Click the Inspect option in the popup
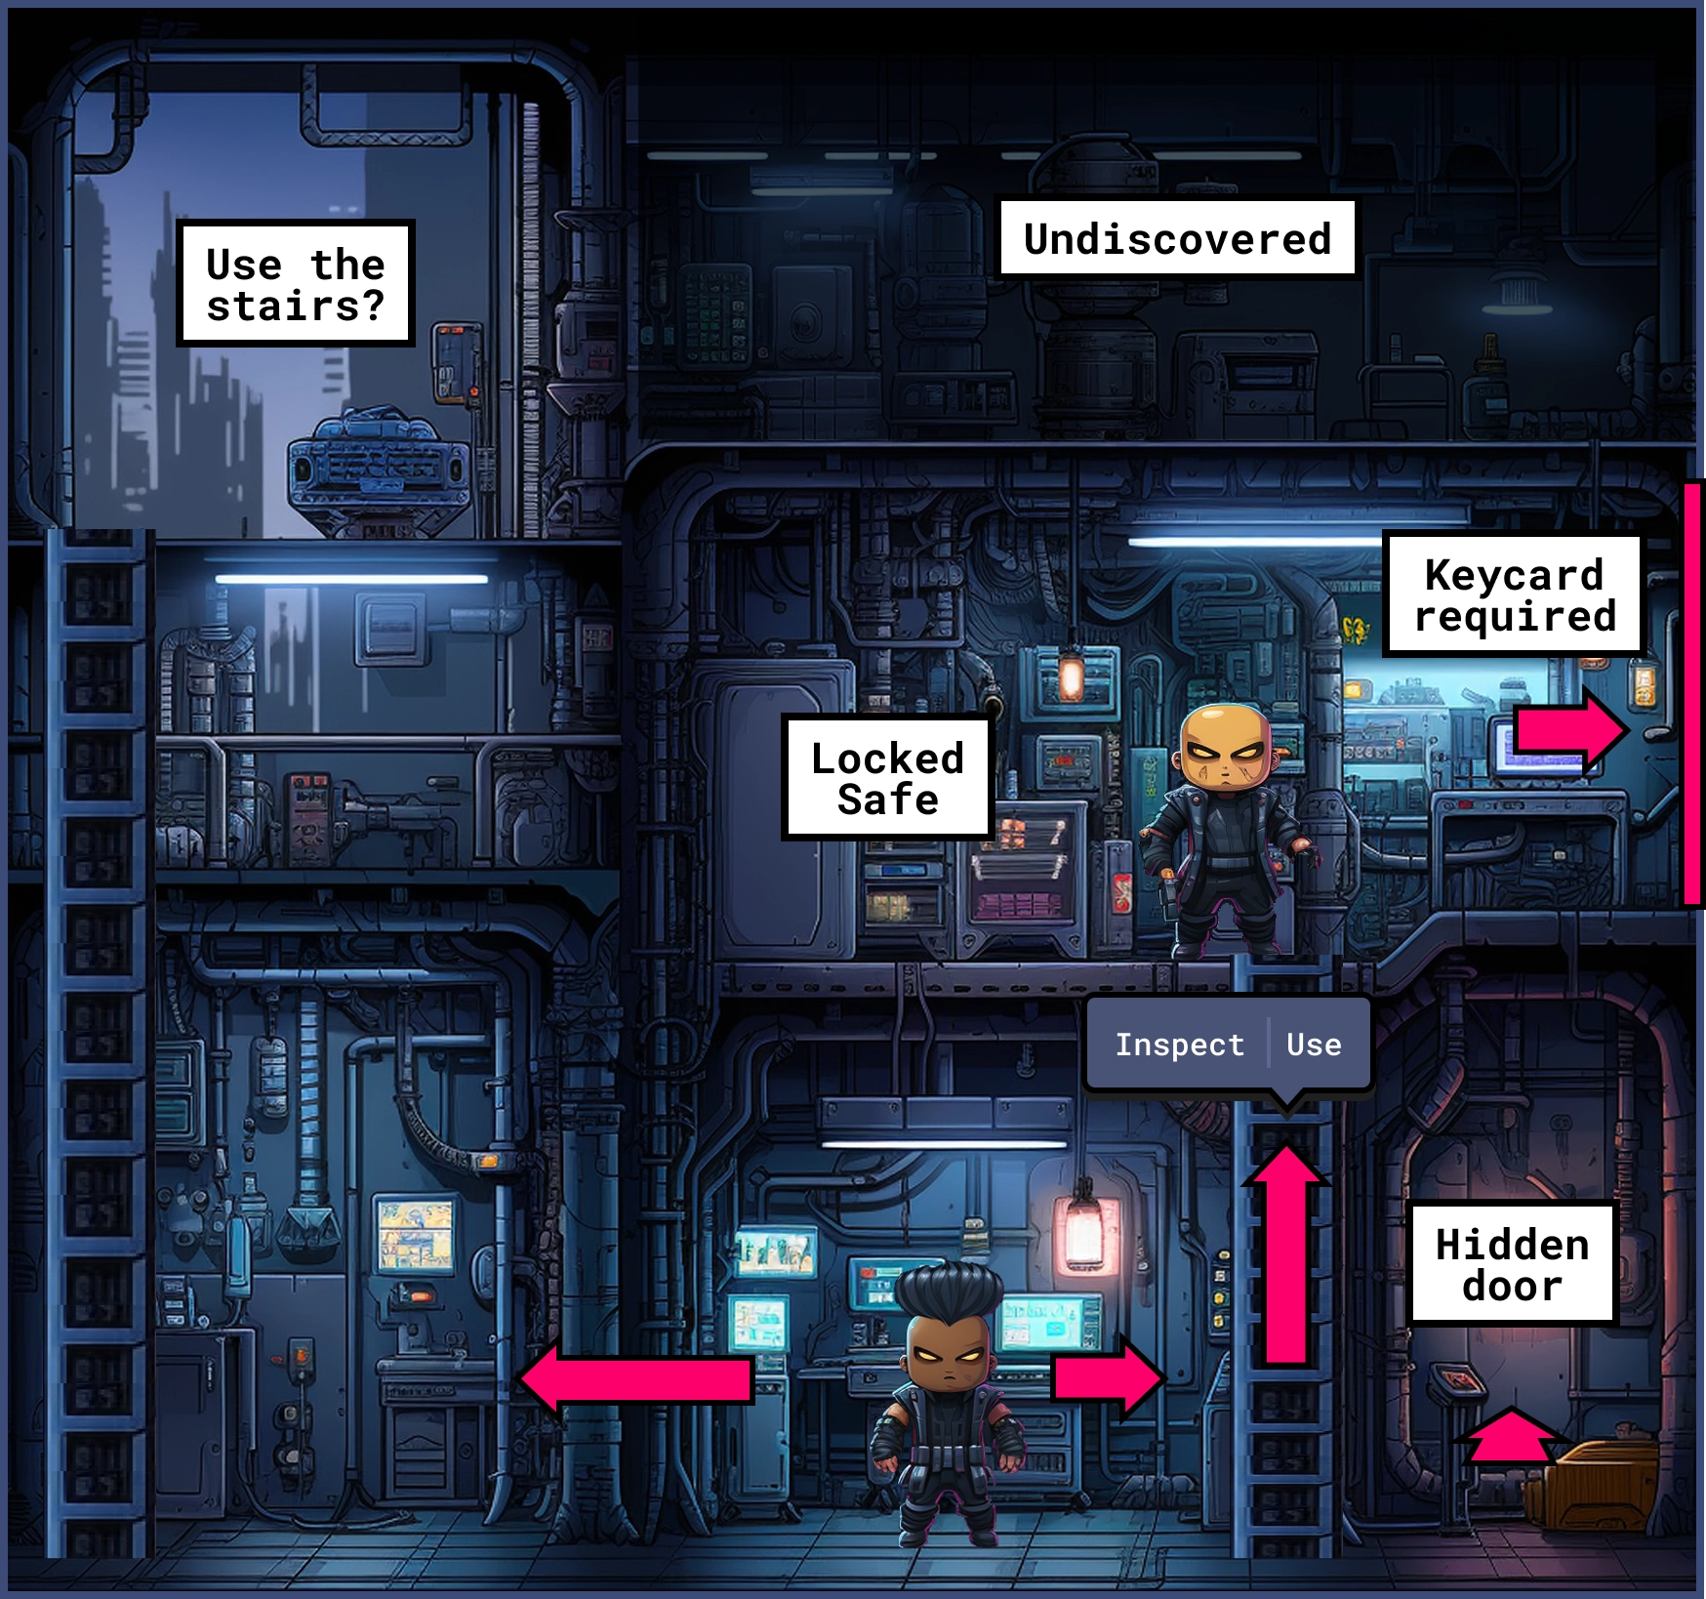point(1179,1045)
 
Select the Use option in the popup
point(1314,1045)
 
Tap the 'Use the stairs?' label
point(295,284)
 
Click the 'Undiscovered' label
point(1177,239)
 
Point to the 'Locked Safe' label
point(887,778)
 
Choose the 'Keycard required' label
point(1515,595)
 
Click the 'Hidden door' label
point(1512,1265)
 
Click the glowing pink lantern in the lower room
point(1084,1232)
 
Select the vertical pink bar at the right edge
point(1691,694)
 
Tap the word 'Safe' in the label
point(887,799)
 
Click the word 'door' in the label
point(1512,1287)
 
